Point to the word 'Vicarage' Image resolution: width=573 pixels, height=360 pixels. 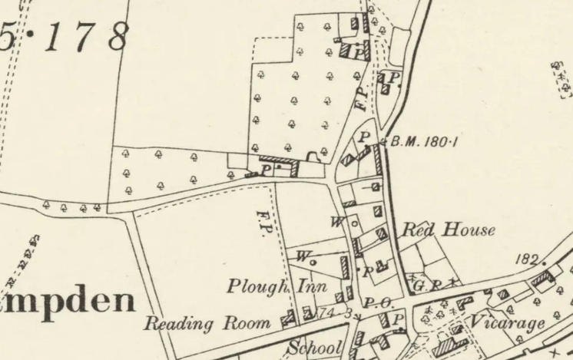click(x=508, y=322)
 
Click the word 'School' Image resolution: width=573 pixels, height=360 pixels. click(x=314, y=348)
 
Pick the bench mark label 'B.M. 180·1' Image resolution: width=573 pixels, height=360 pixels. click(x=424, y=141)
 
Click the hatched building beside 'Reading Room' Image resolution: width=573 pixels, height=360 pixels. click(x=290, y=316)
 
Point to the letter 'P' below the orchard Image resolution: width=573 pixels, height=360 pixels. click(x=265, y=170)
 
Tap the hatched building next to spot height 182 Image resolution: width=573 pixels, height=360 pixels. click(x=543, y=277)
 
